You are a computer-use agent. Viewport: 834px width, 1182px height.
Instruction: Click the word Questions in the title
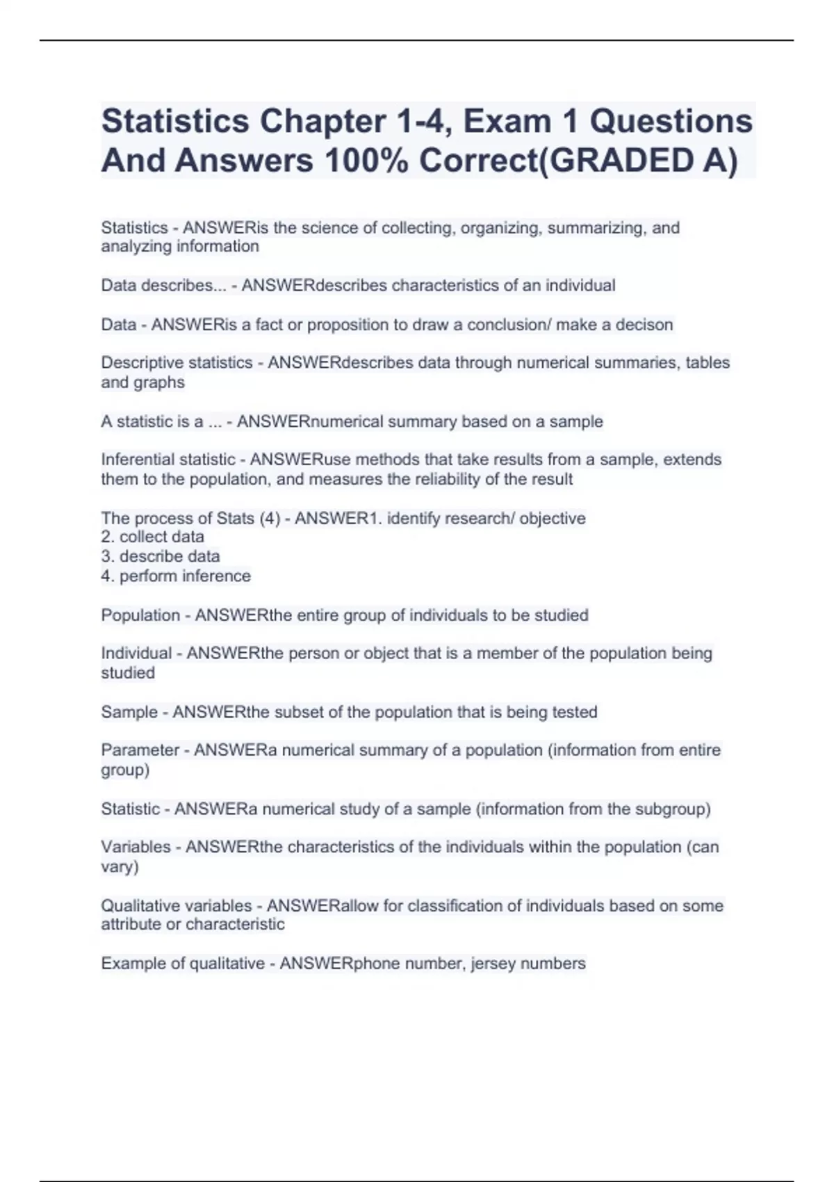671,121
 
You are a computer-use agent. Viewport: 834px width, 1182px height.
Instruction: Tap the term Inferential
137,460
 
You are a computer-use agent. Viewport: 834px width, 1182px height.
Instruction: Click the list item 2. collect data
153,537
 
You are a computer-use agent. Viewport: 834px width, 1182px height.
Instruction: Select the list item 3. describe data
161,556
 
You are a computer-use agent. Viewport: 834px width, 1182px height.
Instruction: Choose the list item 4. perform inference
176,576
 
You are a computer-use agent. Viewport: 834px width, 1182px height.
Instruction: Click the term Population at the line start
140,615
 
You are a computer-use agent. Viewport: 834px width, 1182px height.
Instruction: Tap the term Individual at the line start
136,654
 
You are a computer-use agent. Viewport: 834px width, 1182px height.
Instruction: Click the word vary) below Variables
120,867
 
